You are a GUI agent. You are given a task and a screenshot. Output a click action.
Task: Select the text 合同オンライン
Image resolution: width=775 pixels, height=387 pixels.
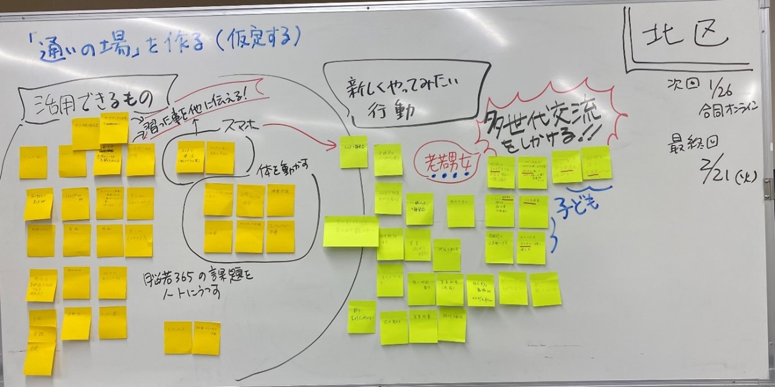[x=728, y=108]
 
